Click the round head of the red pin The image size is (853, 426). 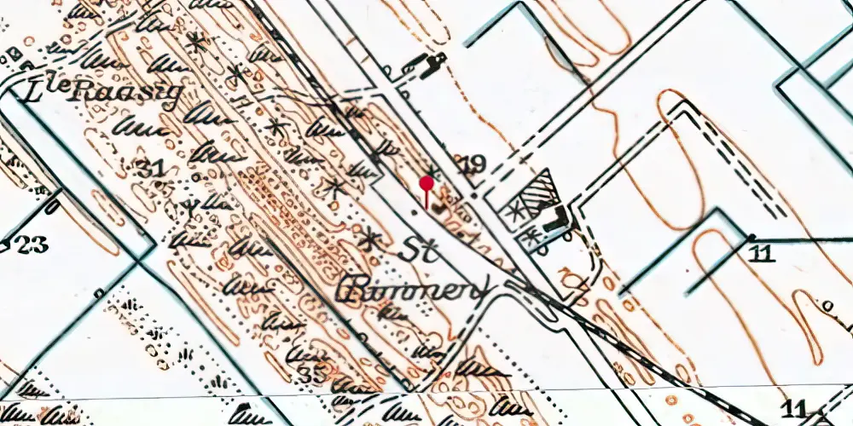pyautogui.click(x=426, y=181)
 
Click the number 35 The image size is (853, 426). pyautogui.click(x=314, y=373)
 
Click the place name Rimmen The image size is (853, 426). pyautogui.click(x=414, y=290)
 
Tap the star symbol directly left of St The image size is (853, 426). pyautogui.click(x=369, y=239)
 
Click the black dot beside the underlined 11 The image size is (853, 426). pyautogui.click(x=751, y=236)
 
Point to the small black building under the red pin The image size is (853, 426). pyautogui.click(x=441, y=207)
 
